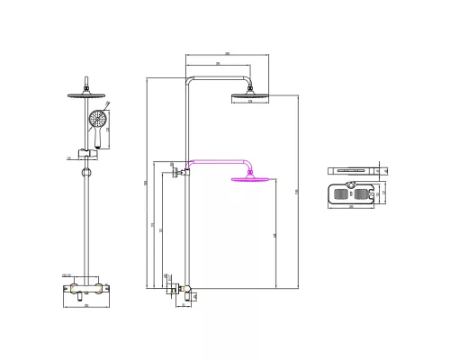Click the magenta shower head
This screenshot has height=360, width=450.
pyautogui.click(x=249, y=180)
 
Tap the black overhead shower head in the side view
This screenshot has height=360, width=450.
pyautogui.click(x=249, y=96)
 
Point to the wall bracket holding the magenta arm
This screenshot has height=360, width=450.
pyautogui.click(x=181, y=167)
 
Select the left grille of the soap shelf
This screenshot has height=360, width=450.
pyautogui.click(x=340, y=192)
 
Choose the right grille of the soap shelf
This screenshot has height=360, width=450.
pyautogui.click(x=365, y=192)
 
